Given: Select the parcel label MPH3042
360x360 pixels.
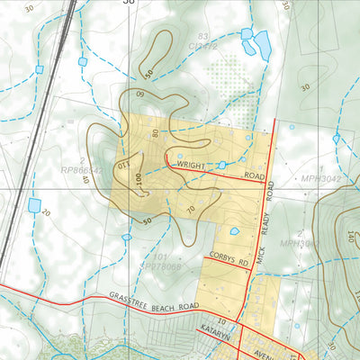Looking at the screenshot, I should pos(322,179).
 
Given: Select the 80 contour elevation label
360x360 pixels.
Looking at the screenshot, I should pos(155,133).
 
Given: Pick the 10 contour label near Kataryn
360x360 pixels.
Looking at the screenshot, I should pos(220,319).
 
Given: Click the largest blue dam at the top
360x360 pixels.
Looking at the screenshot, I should pos(262,45).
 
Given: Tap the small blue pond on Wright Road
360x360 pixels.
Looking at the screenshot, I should pos(221,165).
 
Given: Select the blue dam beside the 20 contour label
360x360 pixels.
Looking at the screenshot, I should pos(34,205).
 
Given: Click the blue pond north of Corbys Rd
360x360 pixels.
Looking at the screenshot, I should pos(235,231).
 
